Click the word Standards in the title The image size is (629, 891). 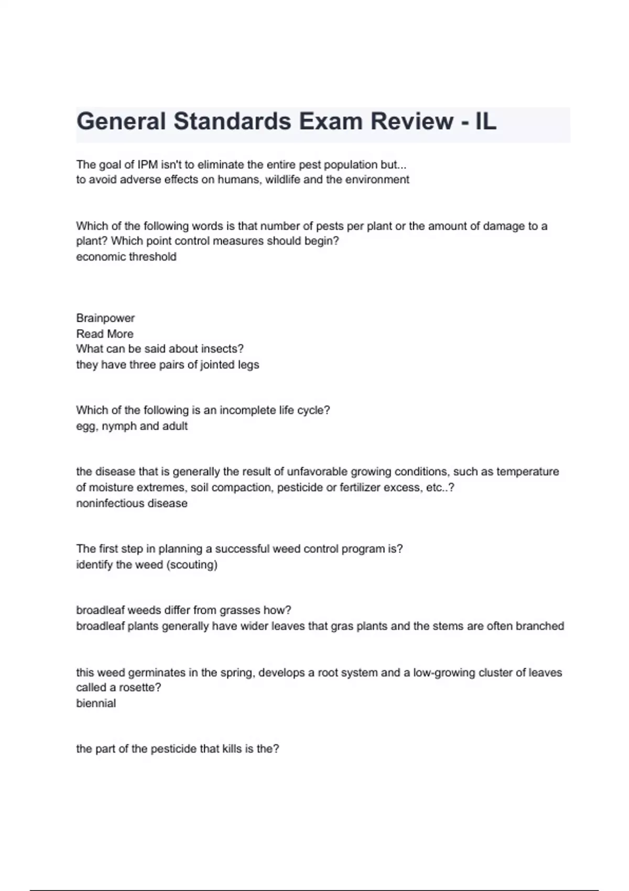(232, 122)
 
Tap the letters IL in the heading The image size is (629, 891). (485, 122)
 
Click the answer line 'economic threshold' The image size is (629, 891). (126, 257)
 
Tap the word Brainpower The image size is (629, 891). (105, 318)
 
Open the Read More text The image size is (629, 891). (105, 334)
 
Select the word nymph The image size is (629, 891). (119, 426)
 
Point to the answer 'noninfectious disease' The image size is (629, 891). (132, 503)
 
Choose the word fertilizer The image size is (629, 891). (360, 487)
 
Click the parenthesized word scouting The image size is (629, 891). (192, 565)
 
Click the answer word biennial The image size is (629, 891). (96, 703)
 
